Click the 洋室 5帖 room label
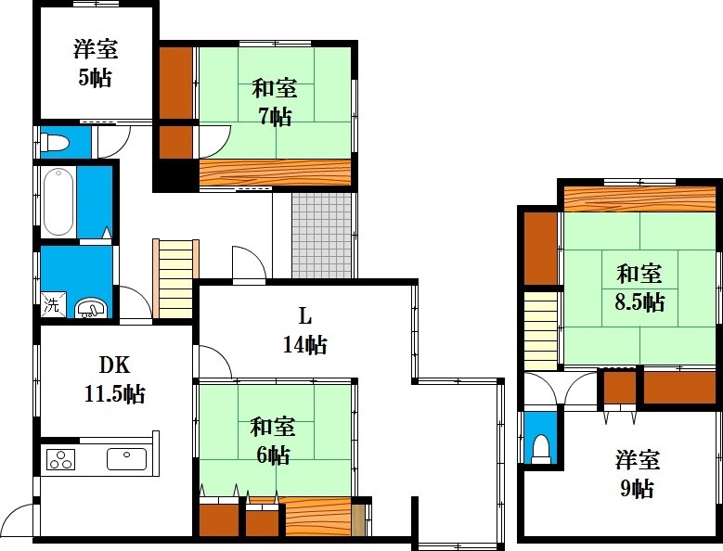coord(96,63)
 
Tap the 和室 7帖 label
coord(275,102)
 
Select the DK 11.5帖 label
coord(115,379)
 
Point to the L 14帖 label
coord(304,331)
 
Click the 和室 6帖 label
coord(273,441)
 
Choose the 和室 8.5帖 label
coord(639,288)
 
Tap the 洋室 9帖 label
coord(638,474)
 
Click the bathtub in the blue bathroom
coord(58,202)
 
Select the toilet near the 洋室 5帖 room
coord(55,142)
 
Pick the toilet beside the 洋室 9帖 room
coord(541,449)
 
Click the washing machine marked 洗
coord(52,304)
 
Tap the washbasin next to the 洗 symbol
coord(91,308)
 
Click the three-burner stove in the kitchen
coord(60,459)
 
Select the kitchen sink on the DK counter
coord(127,459)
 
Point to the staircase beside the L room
coord(175,279)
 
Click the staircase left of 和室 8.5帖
coord(541,331)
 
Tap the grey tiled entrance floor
coord(322,236)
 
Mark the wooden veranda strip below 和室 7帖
coord(275,173)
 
